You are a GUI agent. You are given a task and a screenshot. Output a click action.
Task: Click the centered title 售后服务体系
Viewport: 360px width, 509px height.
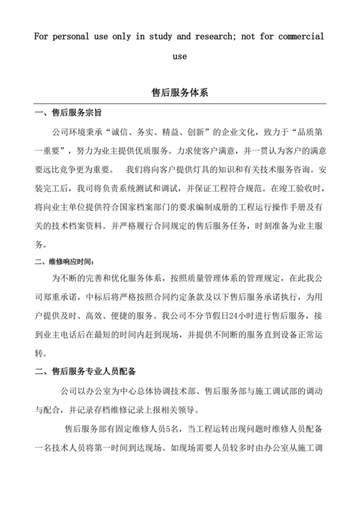coord(180,92)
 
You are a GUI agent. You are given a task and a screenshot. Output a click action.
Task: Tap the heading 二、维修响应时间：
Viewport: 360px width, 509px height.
coord(66,262)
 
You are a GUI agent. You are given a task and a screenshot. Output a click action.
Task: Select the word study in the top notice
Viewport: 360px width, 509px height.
coord(154,35)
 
